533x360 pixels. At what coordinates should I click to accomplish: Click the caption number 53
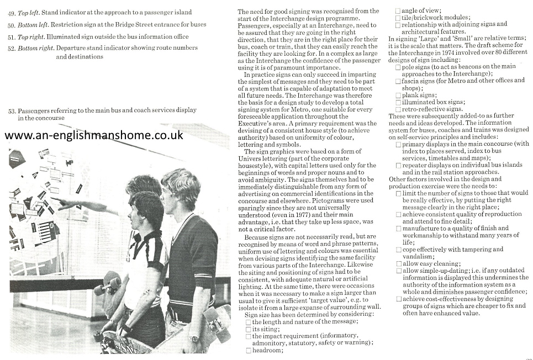point(12,110)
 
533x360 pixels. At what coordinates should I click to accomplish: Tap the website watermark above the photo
point(94,135)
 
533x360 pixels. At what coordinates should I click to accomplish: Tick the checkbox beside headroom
point(249,350)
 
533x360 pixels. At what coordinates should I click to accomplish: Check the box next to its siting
point(249,329)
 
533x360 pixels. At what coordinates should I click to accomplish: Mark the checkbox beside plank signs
point(398,95)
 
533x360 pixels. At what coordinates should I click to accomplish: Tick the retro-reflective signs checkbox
point(398,109)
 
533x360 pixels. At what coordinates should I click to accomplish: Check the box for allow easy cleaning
point(398,264)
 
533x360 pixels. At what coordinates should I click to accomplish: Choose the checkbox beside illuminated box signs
point(398,102)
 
